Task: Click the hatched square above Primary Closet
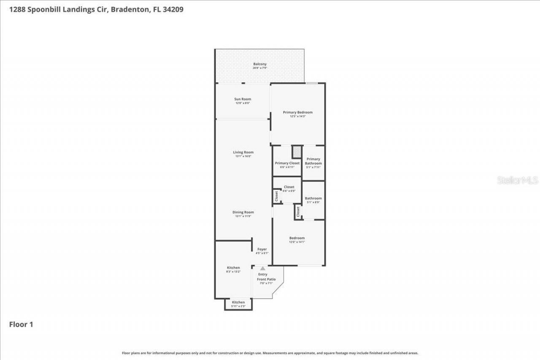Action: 297,152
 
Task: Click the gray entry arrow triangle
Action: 262,268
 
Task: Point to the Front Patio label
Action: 266,279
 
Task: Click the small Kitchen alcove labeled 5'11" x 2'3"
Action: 238,304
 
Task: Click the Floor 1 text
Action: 21,324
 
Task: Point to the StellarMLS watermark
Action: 517,180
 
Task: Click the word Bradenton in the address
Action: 130,9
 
